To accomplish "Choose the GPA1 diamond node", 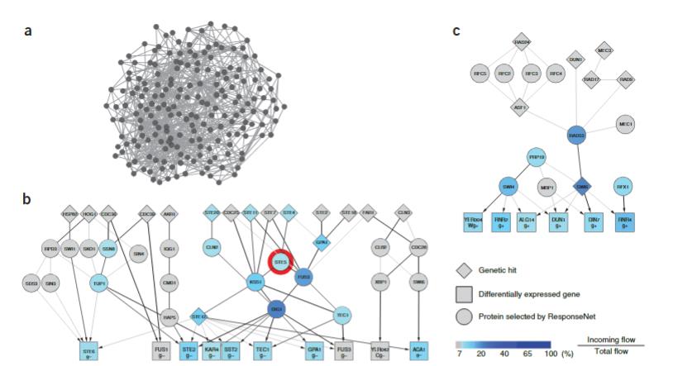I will click(322, 244).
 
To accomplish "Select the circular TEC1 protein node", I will click(341, 315).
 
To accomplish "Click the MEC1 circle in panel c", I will click(626, 125).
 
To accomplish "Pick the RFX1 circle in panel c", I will click(626, 187).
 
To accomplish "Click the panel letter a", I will click(29, 31).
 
